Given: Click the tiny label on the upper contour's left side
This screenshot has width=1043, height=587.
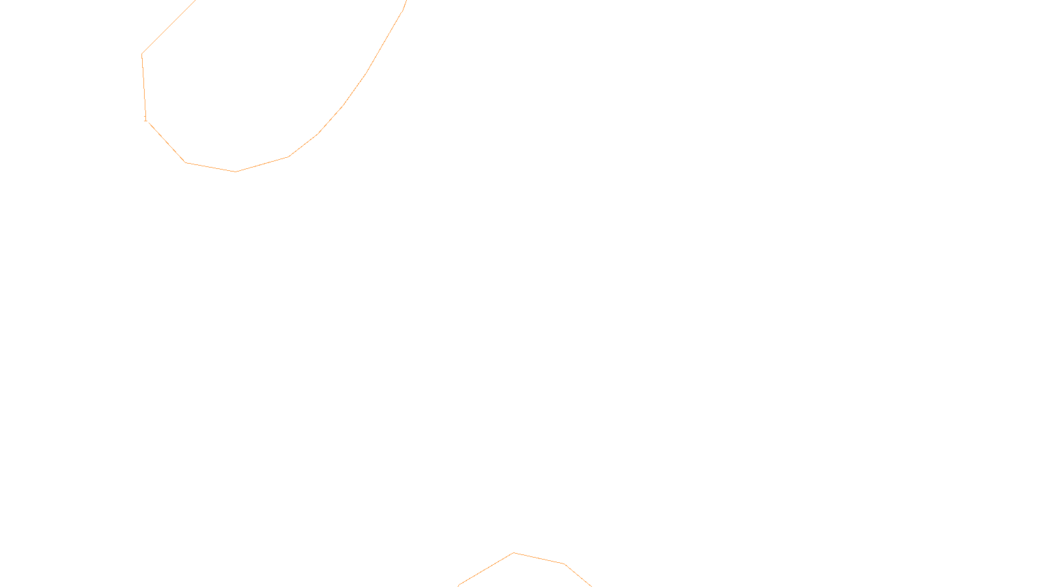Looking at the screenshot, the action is [145, 119].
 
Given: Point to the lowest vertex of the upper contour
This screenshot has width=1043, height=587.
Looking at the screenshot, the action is [236, 172].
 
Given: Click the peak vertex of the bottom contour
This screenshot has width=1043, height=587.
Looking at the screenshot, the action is [514, 553].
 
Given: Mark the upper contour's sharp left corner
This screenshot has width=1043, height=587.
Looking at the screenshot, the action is [142, 54].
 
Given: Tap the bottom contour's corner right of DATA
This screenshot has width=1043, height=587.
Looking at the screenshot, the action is [564, 564].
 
